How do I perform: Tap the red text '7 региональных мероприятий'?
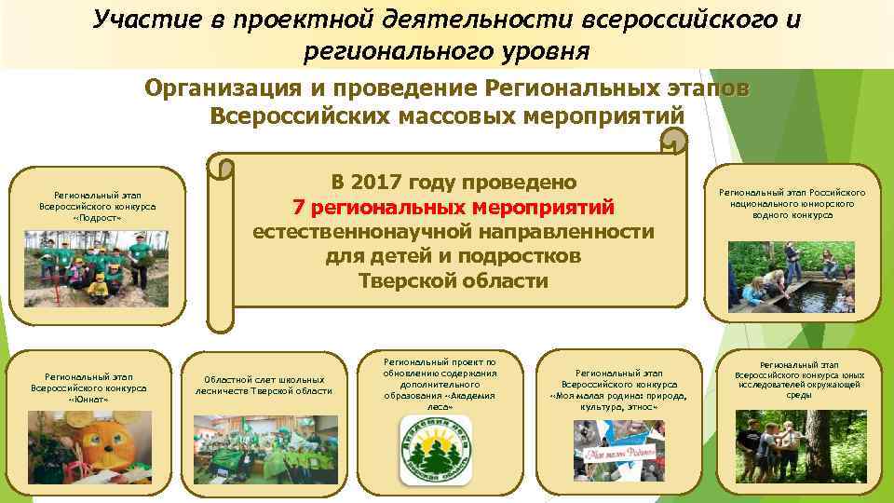(x=454, y=206)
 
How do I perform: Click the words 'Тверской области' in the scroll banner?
(x=454, y=281)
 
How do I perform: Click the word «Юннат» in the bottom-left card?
(x=88, y=400)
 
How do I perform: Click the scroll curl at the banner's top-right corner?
(x=673, y=142)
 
